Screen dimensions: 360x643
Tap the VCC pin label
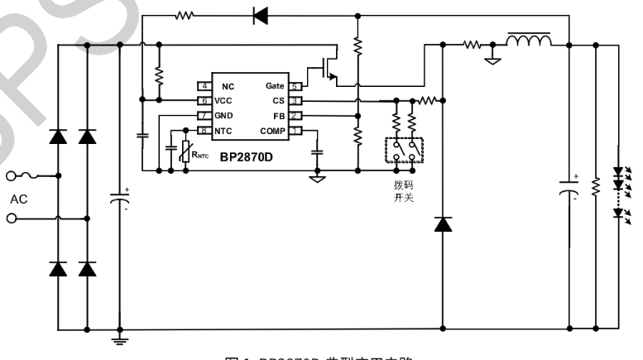[x=223, y=100]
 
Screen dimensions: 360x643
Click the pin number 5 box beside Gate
[x=295, y=86]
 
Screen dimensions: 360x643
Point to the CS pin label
[x=277, y=100]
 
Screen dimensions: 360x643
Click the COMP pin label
[x=271, y=131]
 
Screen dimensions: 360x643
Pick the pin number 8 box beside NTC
[x=203, y=131]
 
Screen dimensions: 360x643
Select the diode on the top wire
[x=261, y=14]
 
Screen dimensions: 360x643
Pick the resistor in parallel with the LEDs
[x=594, y=189]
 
